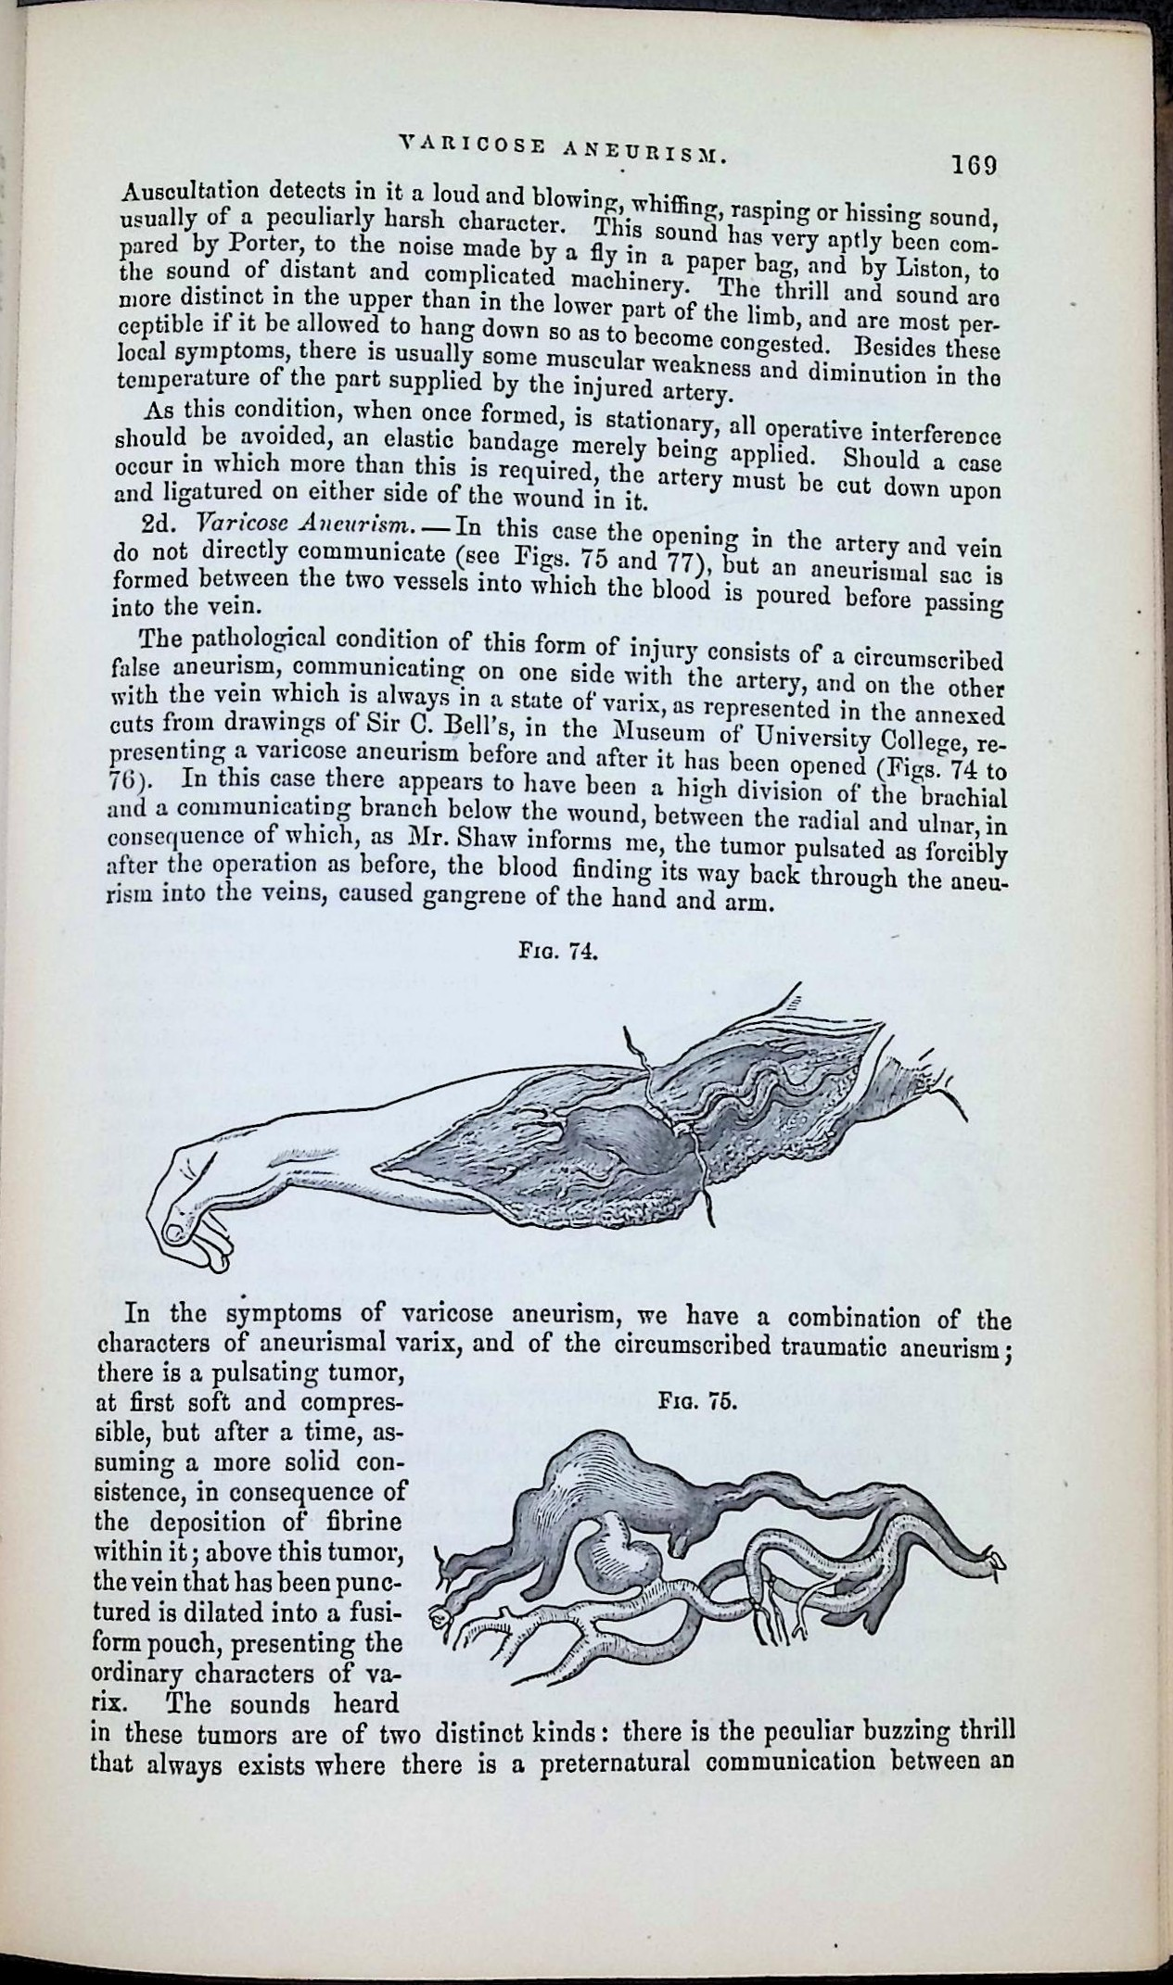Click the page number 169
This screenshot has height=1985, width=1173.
972,166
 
